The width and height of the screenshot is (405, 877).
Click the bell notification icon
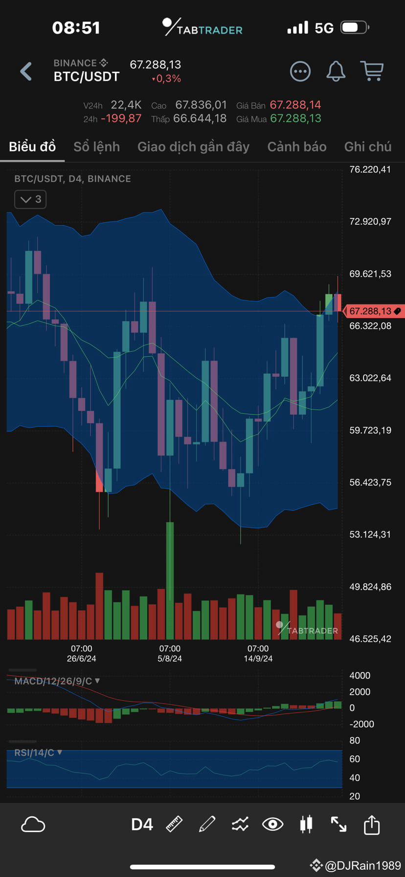pyautogui.click(x=336, y=71)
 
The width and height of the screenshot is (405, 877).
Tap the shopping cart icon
pyautogui.click(x=372, y=71)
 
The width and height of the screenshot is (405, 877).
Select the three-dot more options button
pyautogui.click(x=300, y=71)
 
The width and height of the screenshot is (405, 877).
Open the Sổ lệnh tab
pyautogui.click(x=96, y=147)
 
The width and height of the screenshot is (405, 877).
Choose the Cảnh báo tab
pyautogui.click(x=296, y=147)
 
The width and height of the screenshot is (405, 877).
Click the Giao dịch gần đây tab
pyautogui.click(x=193, y=147)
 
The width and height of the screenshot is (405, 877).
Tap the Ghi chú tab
pyautogui.click(x=367, y=147)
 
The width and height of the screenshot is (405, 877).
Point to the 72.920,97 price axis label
pyautogui.click(x=370, y=221)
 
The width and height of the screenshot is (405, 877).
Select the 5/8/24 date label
pyautogui.click(x=170, y=658)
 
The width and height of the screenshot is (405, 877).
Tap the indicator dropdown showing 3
pyautogui.click(x=30, y=199)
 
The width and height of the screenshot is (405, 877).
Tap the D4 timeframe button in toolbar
pyautogui.click(x=142, y=825)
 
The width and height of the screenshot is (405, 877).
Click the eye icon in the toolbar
pyautogui.click(x=272, y=825)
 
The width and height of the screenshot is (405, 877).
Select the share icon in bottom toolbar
pyautogui.click(x=372, y=825)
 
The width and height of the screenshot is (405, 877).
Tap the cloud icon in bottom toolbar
pyautogui.click(x=33, y=825)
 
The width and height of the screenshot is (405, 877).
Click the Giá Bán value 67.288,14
pyautogui.click(x=295, y=105)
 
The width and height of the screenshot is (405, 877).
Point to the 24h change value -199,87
pyautogui.click(x=121, y=119)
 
